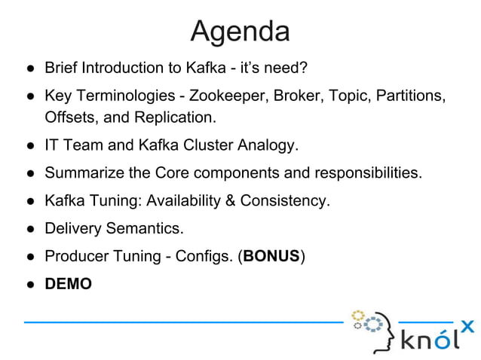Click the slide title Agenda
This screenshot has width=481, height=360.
(x=240, y=31)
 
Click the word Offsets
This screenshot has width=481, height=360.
(x=69, y=117)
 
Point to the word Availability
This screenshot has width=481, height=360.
(x=183, y=200)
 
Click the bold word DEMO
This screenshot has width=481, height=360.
(x=68, y=284)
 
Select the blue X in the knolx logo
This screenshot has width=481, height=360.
(x=467, y=326)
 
